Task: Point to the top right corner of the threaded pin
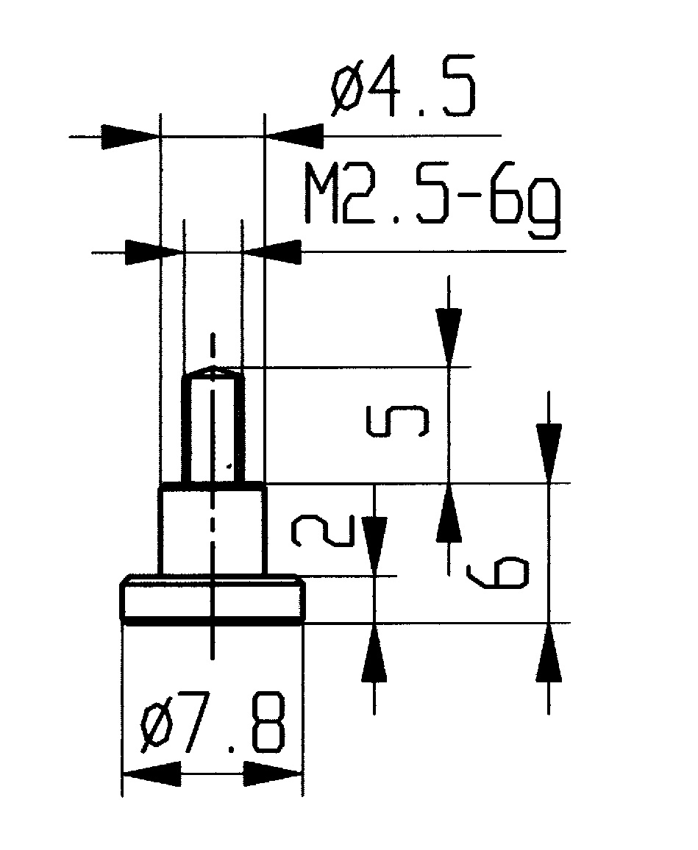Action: point(243,370)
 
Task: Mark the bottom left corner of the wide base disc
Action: point(121,621)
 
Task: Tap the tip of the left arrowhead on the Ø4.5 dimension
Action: point(160,135)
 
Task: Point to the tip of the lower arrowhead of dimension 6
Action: point(549,624)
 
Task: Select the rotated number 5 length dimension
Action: point(398,421)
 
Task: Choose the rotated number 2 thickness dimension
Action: point(323,531)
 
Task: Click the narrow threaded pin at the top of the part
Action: point(213,425)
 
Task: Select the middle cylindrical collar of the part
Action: point(213,529)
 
